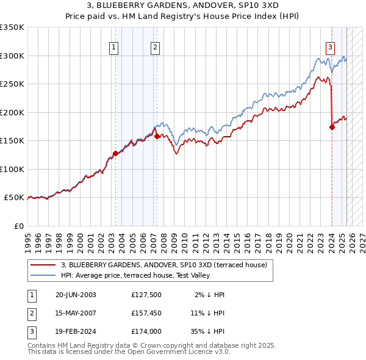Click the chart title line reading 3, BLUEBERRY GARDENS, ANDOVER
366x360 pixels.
182,5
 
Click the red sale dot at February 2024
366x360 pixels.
332,128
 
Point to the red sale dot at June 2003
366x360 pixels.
115,154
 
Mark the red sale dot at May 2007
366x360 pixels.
157,137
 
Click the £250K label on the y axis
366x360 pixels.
12,84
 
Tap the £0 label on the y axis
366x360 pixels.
18,226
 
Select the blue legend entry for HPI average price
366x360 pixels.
135,276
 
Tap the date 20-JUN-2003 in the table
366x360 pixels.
76,295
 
